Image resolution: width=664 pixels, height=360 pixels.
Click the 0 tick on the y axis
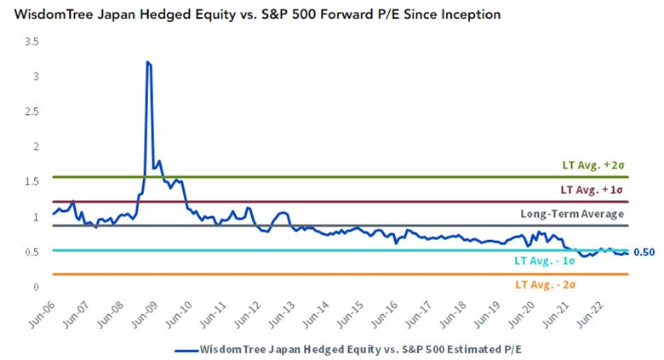[35, 287]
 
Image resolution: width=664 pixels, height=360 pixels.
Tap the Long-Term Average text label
[572, 214]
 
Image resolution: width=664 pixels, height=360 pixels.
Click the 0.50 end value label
[644, 252]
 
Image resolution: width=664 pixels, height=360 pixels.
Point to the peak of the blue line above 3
[148, 62]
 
